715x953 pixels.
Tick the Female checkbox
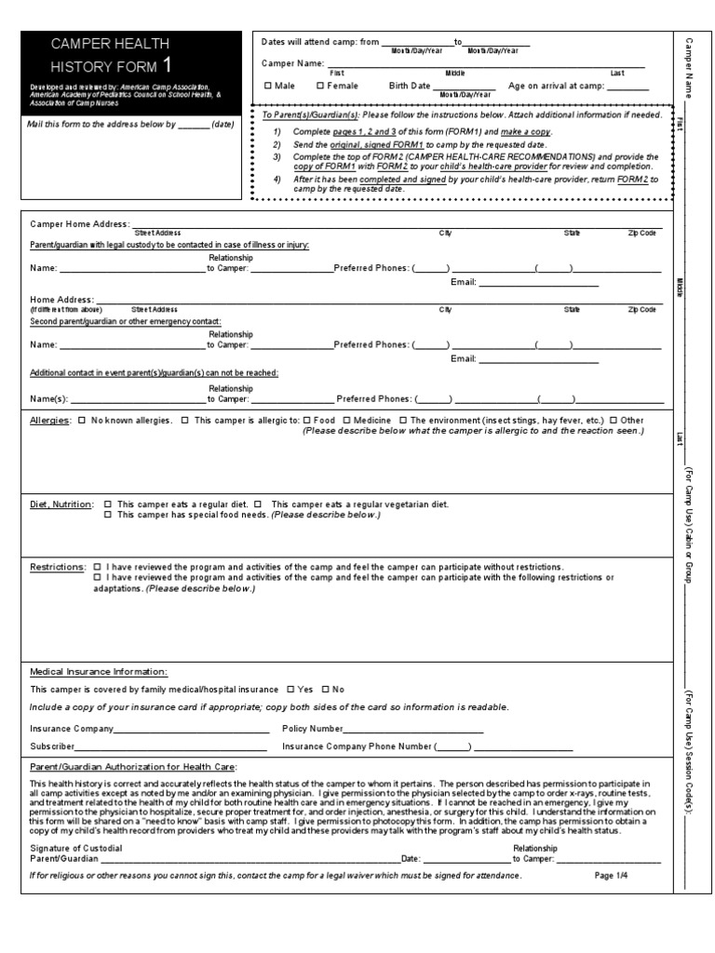pyautogui.click(x=320, y=86)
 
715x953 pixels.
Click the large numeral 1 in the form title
pyautogui.click(x=166, y=64)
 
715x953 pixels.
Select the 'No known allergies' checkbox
pyautogui.click(x=82, y=421)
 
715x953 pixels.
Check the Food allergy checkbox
pyautogui.click(x=306, y=421)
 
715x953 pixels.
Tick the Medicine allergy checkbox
pyautogui.click(x=347, y=421)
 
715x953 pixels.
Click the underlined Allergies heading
pyautogui.click(x=50, y=421)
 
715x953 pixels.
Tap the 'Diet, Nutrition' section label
pyautogui.click(x=61, y=503)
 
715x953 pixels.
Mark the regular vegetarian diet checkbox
pyautogui.click(x=258, y=503)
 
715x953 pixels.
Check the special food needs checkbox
pyautogui.click(x=108, y=515)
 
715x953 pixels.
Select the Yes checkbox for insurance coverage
pyautogui.click(x=290, y=689)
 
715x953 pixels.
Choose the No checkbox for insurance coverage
pyautogui.click(x=325, y=689)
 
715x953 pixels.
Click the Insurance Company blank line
pyautogui.click(x=191, y=730)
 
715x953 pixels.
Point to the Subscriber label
pyautogui.click(x=52, y=746)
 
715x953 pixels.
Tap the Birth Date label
pyautogui.click(x=410, y=86)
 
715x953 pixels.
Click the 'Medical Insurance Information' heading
pyautogui.click(x=99, y=670)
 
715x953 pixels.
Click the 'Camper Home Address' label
pyautogui.click(x=79, y=224)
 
